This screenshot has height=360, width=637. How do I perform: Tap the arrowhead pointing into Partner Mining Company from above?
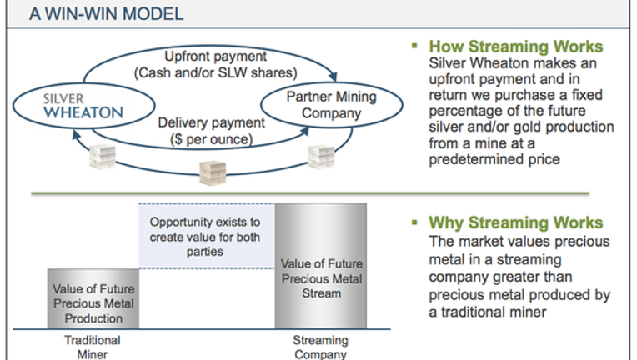(334, 76)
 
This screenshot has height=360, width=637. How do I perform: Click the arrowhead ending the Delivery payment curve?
(304, 131)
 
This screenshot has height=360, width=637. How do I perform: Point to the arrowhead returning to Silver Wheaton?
(76, 135)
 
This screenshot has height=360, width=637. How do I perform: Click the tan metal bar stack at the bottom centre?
(213, 172)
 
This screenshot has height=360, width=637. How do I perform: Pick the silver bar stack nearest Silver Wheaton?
(103, 157)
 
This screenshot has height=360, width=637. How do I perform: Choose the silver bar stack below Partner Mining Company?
(321, 157)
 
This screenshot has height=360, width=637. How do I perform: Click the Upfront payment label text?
(215, 56)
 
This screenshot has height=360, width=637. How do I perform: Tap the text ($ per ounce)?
(211, 139)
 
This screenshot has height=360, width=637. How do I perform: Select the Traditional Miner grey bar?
(93, 298)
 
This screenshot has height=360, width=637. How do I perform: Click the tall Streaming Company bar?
(321, 266)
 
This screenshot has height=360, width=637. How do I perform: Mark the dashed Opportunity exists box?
(207, 236)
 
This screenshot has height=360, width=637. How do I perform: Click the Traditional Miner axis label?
(93, 347)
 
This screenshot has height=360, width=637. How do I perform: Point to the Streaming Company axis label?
(320, 347)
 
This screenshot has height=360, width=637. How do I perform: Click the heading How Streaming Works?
(516, 47)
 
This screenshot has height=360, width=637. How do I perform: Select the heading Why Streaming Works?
(516, 222)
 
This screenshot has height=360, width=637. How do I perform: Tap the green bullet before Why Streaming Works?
(414, 222)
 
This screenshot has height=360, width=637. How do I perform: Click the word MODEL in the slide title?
(153, 14)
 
